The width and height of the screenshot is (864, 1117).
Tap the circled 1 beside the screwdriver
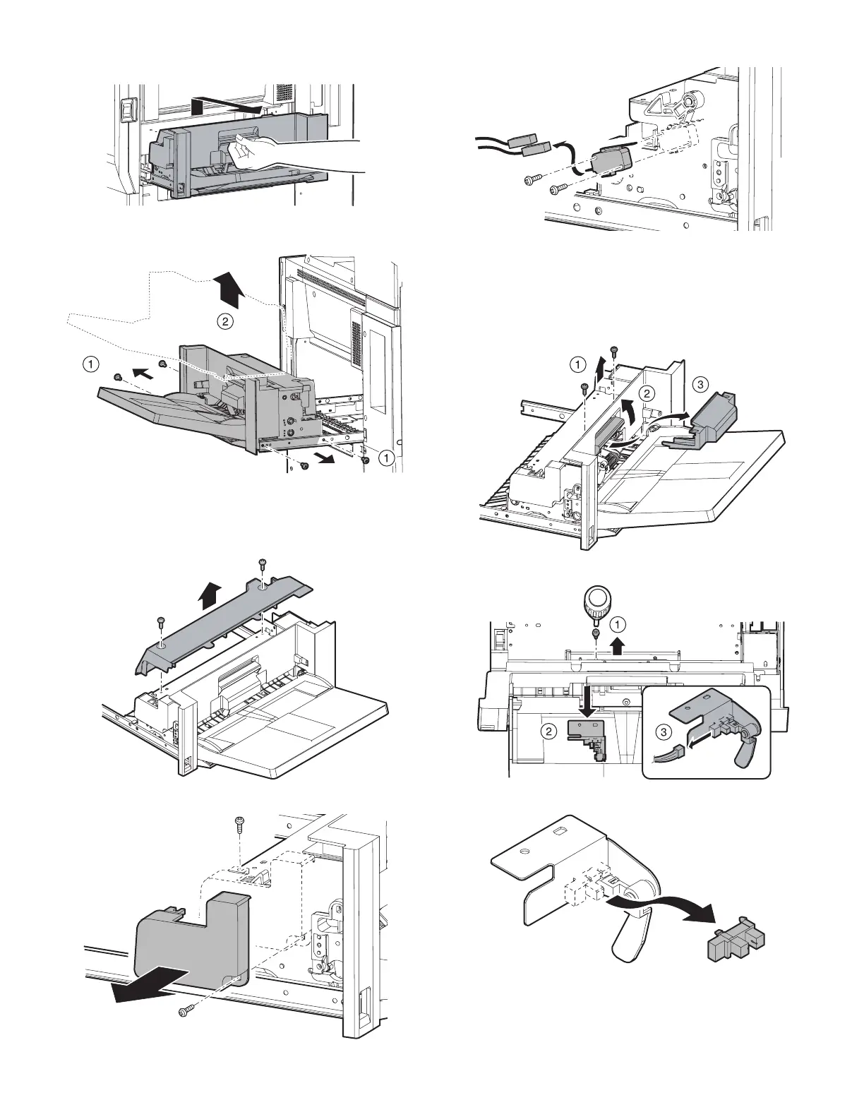coord(617,625)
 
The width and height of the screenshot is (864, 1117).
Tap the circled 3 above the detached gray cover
coord(699,386)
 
